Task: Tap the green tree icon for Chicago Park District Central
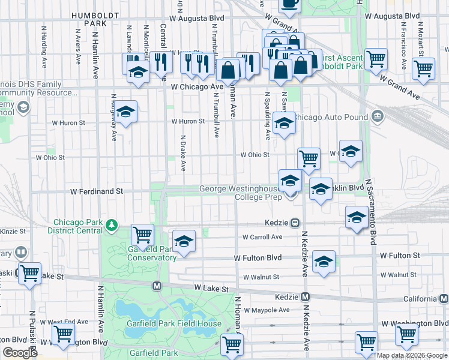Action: tap(111, 225)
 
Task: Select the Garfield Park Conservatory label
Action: tap(152, 253)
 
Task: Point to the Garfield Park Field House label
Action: tap(182, 323)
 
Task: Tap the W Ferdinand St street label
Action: tap(96, 191)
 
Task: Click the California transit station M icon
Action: tap(444, 298)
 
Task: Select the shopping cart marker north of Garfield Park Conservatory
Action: tap(143, 234)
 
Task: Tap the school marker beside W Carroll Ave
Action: tap(184, 241)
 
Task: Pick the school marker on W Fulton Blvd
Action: tap(324, 262)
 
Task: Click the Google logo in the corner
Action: tap(20, 353)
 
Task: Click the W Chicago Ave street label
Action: tap(197, 87)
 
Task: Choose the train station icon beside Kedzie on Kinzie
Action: tap(295, 223)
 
